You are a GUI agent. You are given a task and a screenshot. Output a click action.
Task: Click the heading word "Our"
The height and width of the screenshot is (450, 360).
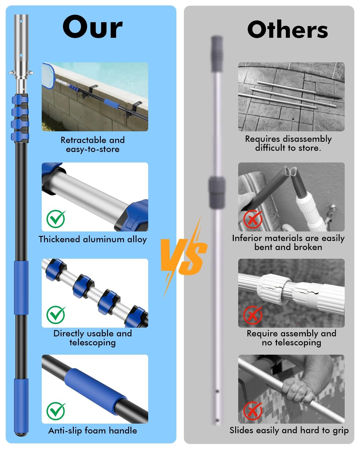click(92, 27)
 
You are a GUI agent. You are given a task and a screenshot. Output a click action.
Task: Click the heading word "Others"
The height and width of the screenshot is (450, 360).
click(287, 30)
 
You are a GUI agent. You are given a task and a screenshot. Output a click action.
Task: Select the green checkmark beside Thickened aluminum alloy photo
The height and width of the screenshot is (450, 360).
click(56, 219)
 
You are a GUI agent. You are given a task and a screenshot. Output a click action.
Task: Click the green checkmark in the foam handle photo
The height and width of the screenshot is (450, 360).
click(56, 411)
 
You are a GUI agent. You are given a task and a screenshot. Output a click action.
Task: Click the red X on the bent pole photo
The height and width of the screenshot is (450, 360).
click(253, 219)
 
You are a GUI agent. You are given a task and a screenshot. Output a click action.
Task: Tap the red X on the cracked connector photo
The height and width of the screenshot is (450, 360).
click(253, 315)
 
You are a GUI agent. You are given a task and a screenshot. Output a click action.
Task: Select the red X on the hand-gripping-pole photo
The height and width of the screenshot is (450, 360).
click(253, 411)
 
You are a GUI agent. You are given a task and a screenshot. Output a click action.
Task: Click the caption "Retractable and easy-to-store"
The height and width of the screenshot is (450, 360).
click(92, 145)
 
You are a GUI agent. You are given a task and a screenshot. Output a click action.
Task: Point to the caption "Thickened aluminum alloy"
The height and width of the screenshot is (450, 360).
click(92, 239)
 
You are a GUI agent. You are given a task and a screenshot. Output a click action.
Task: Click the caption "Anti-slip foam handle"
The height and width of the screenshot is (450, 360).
click(92, 431)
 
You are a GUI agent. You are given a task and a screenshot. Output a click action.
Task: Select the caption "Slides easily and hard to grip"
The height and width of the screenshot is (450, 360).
click(289, 430)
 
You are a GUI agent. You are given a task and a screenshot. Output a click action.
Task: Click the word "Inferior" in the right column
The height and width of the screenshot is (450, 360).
click(247, 238)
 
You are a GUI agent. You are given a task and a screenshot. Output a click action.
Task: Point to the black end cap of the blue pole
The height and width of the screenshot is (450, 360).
click(21, 434)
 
